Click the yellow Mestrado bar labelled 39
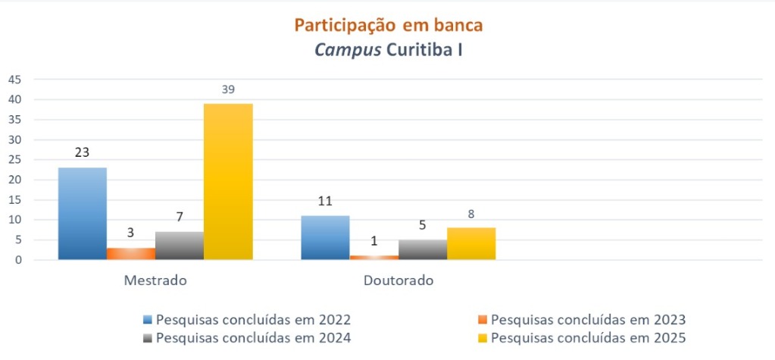coord(228,182)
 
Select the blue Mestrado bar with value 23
coord(83,214)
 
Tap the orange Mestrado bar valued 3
coord(131,253)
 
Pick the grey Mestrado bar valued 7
coord(180,246)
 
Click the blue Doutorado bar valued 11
coord(325,237)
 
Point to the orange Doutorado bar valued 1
coord(374,258)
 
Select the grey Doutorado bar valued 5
coord(423,249)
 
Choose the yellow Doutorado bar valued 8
coord(471,243)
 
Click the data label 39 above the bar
coord(228,89)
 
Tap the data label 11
coord(325,202)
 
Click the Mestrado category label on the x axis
coord(155,280)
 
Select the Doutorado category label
coord(398,280)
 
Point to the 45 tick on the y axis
coord(15,80)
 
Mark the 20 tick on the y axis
coord(15,180)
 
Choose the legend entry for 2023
coord(587,320)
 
